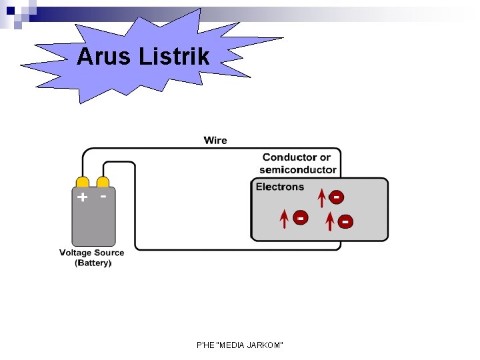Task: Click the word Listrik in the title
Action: pyautogui.click(x=175, y=57)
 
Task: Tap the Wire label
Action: pyautogui.click(x=215, y=140)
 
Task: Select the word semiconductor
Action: pyautogui.click(x=298, y=169)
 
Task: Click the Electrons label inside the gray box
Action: pyautogui.click(x=280, y=187)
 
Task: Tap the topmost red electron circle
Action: pyautogui.click(x=337, y=197)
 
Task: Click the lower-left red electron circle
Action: pyautogui.click(x=301, y=218)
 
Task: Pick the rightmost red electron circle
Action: pyautogui.click(x=345, y=221)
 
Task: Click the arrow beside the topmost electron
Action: pyautogui.click(x=322, y=198)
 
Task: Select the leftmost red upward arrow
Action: pyautogui.click(x=285, y=219)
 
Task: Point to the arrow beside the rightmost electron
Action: pyautogui.click(x=329, y=221)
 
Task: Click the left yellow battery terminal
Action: pyautogui.click(x=82, y=183)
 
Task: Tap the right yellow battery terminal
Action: pyautogui.click(x=103, y=183)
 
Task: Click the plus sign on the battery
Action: pyautogui.click(x=82, y=197)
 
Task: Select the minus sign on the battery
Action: pyautogui.click(x=103, y=196)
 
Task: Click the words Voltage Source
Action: pyautogui.click(x=91, y=253)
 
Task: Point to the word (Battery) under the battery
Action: pyautogui.click(x=93, y=263)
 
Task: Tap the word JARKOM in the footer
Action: pyautogui.click(x=267, y=345)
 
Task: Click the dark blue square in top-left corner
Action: pyautogui.click(x=10, y=11)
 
